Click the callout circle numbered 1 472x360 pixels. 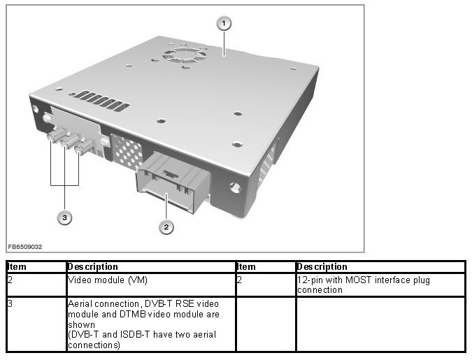point(224,23)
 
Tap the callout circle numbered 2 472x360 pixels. point(166,226)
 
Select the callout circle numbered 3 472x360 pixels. point(64,218)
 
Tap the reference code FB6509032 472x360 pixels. point(25,247)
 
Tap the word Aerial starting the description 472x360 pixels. point(79,305)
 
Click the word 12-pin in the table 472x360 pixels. point(309,280)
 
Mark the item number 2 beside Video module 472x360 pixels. point(10,280)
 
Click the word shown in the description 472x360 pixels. point(80,324)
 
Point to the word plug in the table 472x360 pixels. point(422,280)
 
